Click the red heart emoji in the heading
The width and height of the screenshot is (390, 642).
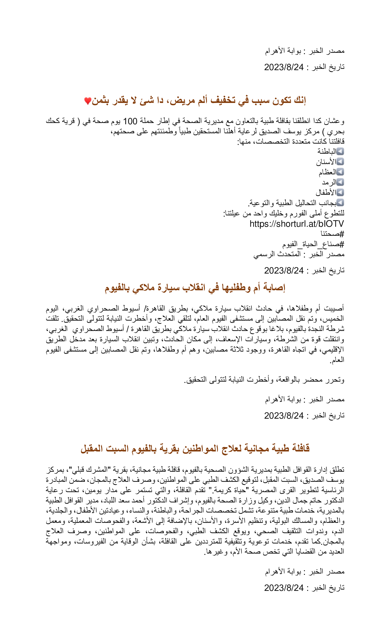coord(88,101)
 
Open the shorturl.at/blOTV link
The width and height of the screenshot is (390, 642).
coord(297,224)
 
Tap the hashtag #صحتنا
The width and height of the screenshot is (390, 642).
coord(332,234)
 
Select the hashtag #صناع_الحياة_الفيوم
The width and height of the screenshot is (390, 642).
coord(313,244)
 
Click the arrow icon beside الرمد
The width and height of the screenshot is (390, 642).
coord(340,182)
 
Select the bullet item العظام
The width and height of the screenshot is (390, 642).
coord(327,172)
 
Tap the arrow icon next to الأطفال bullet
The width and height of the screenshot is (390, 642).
coord(340,192)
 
